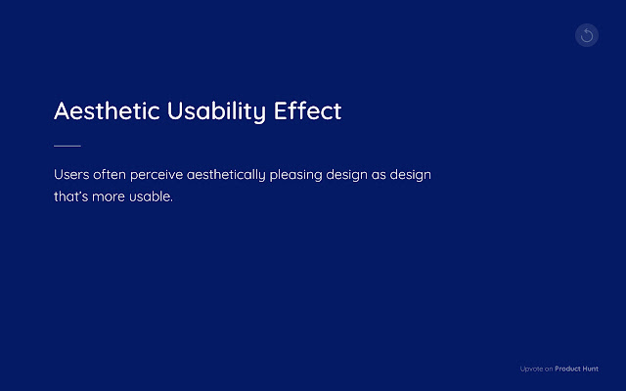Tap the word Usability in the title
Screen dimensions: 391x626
[x=217, y=110]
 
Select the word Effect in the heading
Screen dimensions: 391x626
[x=308, y=110]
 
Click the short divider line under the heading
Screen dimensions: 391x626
[x=67, y=146]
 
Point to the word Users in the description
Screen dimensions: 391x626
[x=71, y=175]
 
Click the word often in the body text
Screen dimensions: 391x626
[x=111, y=175]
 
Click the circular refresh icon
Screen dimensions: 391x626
[x=587, y=36]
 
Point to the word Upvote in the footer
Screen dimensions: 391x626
[x=530, y=369]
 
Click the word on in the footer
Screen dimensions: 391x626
[x=549, y=369]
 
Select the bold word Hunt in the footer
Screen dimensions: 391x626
[x=591, y=369]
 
